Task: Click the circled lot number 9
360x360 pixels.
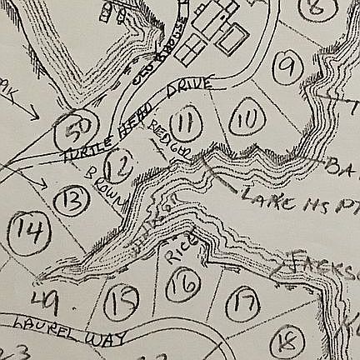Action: click(x=291, y=63)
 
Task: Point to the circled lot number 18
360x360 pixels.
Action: click(x=287, y=340)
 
